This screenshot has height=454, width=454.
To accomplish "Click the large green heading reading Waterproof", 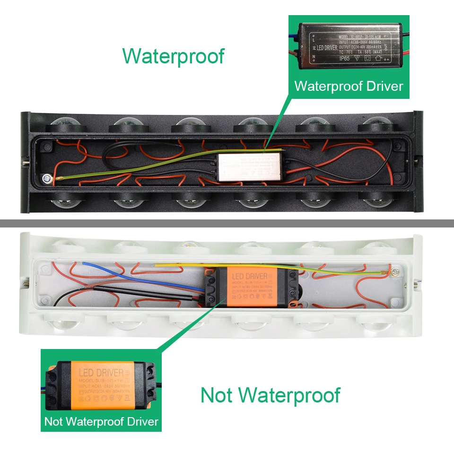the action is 173,56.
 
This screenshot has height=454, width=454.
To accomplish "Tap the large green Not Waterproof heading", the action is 270,395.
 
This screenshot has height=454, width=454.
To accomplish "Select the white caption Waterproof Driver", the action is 349,86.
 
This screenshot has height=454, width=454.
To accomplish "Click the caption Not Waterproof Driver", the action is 101,421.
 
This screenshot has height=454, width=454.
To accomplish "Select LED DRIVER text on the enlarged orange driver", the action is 100,372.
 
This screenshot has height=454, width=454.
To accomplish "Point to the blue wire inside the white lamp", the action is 128,274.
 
